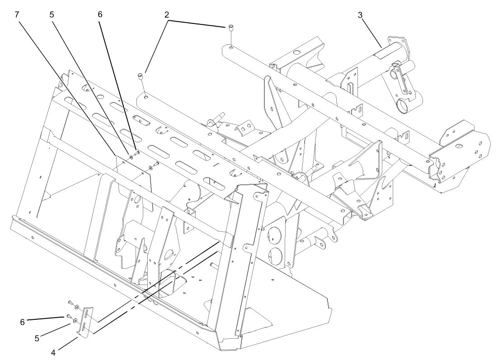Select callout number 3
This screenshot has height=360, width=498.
click(x=360, y=14)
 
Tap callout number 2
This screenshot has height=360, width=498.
click(x=167, y=14)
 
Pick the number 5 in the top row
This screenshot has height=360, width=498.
click(x=52, y=14)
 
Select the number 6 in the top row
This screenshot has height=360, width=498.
click(x=100, y=14)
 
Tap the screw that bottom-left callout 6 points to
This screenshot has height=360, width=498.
click(x=68, y=315)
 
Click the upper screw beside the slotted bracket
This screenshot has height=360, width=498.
click(x=70, y=302)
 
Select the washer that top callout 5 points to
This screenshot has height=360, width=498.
click(x=131, y=157)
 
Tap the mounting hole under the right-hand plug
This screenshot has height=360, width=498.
click(x=230, y=47)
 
